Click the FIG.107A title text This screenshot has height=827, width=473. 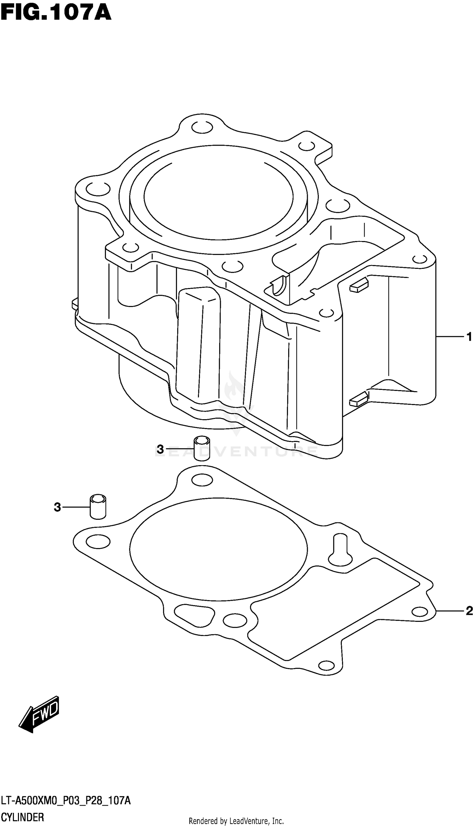click(x=56, y=13)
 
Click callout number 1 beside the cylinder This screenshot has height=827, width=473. click(x=469, y=337)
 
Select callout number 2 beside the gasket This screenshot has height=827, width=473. click(x=469, y=611)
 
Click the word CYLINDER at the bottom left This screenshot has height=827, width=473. click(x=22, y=815)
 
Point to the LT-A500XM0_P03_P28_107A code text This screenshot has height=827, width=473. click(x=66, y=799)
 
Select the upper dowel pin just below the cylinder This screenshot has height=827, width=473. click(x=202, y=448)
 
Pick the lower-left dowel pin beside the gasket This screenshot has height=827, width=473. click(x=98, y=507)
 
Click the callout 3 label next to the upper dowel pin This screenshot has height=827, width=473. click(x=160, y=449)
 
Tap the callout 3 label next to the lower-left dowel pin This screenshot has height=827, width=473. click(x=57, y=507)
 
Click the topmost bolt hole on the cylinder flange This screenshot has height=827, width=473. click(x=202, y=128)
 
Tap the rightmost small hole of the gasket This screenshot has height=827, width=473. click(x=419, y=612)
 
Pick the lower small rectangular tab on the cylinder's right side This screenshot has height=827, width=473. click(x=359, y=399)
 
